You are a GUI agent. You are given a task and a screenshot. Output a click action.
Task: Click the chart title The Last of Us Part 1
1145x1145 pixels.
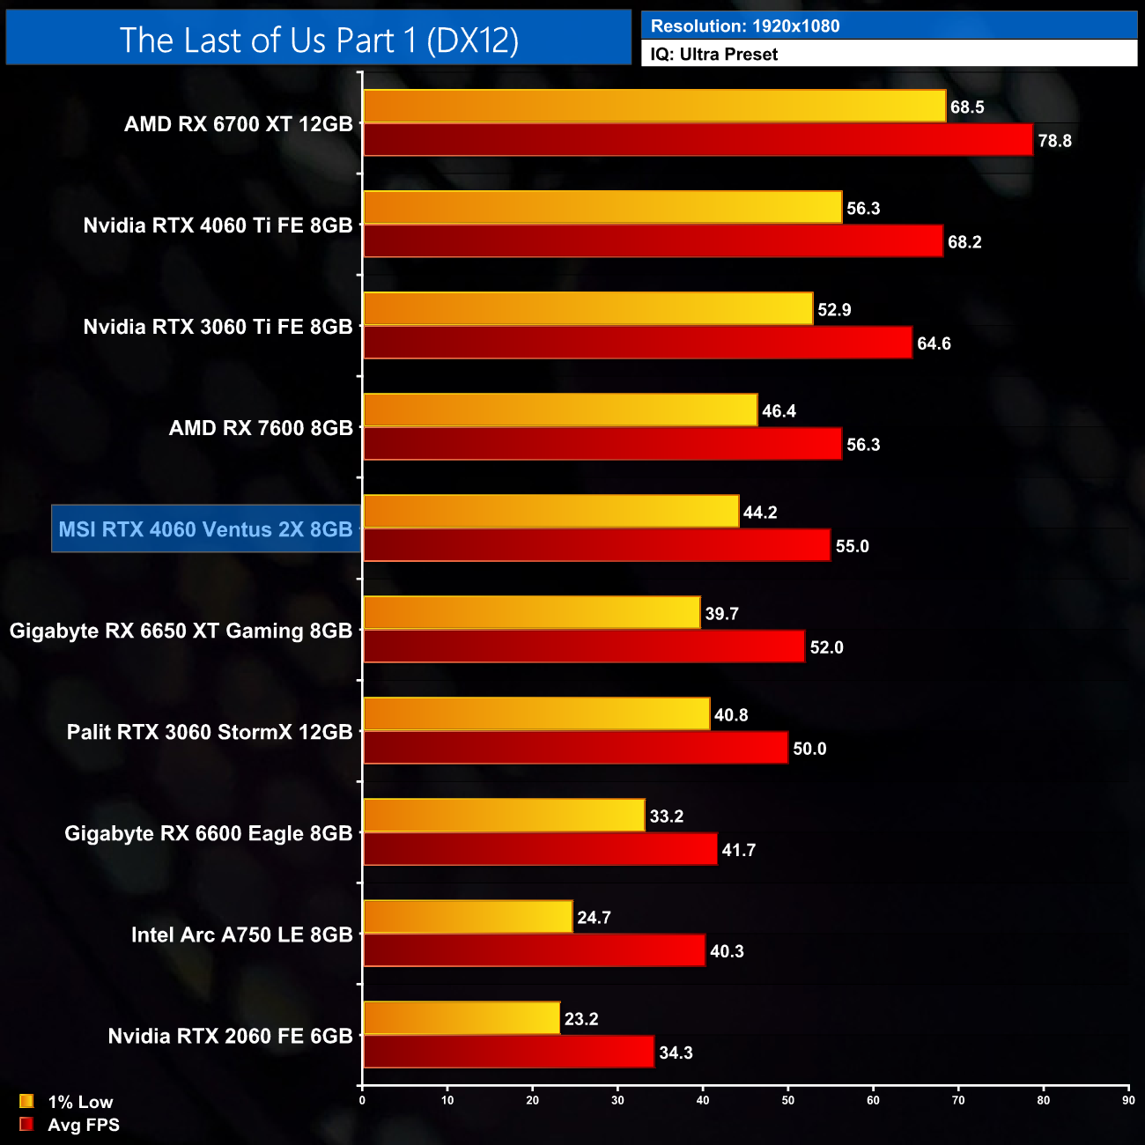pyautogui.click(x=319, y=41)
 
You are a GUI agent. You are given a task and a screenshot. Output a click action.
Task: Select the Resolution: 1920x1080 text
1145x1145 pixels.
pyautogui.click(x=745, y=26)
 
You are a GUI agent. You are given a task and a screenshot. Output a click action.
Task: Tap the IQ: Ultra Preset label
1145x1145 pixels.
pyautogui.click(x=713, y=55)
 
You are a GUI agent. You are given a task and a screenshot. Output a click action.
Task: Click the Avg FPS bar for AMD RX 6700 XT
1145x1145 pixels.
pyautogui.click(x=698, y=140)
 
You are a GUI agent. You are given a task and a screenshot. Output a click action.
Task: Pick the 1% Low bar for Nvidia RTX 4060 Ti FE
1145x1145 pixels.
pyautogui.click(x=602, y=208)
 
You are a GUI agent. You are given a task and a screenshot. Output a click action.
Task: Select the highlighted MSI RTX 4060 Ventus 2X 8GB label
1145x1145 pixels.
pyautogui.click(x=206, y=529)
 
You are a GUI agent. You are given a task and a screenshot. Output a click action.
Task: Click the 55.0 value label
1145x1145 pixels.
pyautogui.click(x=852, y=546)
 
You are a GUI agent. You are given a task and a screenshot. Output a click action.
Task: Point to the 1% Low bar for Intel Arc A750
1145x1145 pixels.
pyautogui.click(x=468, y=917)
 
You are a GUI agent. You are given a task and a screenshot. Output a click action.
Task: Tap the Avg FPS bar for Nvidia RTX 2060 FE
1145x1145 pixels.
pyautogui.click(x=508, y=1053)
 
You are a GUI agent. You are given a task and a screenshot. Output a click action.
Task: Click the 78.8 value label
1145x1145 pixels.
pyautogui.click(x=1054, y=141)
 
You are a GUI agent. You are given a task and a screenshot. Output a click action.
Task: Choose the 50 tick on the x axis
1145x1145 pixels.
pyautogui.click(x=788, y=1100)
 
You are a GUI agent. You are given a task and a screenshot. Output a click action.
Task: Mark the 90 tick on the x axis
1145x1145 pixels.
pyautogui.click(x=1128, y=1100)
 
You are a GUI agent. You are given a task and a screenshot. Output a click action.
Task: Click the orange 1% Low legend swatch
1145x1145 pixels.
pyautogui.click(x=26, y=1101)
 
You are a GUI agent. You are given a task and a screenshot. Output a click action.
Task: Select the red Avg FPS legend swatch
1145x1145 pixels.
pyautogui.click(x=26, y=1124)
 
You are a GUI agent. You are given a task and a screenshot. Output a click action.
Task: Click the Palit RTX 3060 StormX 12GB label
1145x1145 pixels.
pyautogui.click(x=210, y=732)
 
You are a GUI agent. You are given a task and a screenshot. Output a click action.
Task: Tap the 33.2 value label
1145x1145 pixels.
pyautogui.click(x=666, y=816)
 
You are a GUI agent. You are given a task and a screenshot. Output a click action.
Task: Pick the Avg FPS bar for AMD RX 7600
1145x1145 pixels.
pyautogui.click(x=602, y=444)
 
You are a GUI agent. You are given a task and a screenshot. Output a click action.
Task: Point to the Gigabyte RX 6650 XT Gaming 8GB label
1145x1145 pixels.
pyautogui.click(x=181, y=631)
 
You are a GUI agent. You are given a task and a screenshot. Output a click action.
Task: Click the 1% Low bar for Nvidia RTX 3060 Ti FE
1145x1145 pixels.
pyautogui.click(x=587, y=309)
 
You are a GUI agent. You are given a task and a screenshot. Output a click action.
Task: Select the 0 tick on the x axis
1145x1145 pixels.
pyautogui.click(x=362, y=1100)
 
